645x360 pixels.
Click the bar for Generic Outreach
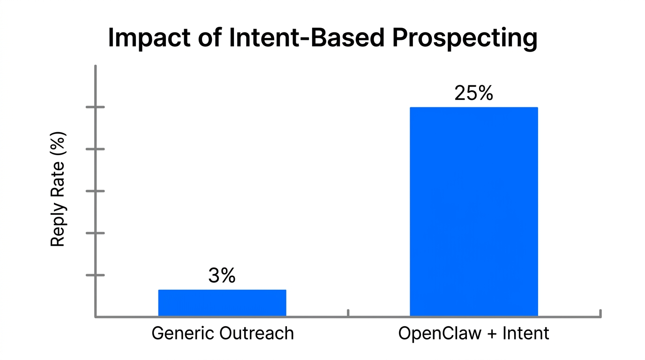pyautogui.click(x=222, y=303)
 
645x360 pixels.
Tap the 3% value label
pyautogui.click(x=222, y=276)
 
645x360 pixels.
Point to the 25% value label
pyautogui.click(x=473, y=93)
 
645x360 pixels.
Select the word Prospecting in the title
pyautogui.click(x=464, y=38)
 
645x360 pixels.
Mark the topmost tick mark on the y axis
pyautogui.click(x=95, y=107)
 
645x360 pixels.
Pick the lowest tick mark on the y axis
pyautogui.click(x=95, y=275)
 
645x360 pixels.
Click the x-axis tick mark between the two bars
pyautogui.click(x=348, y=313)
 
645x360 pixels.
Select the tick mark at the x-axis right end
pyautogui.click(x=600, y=313)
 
